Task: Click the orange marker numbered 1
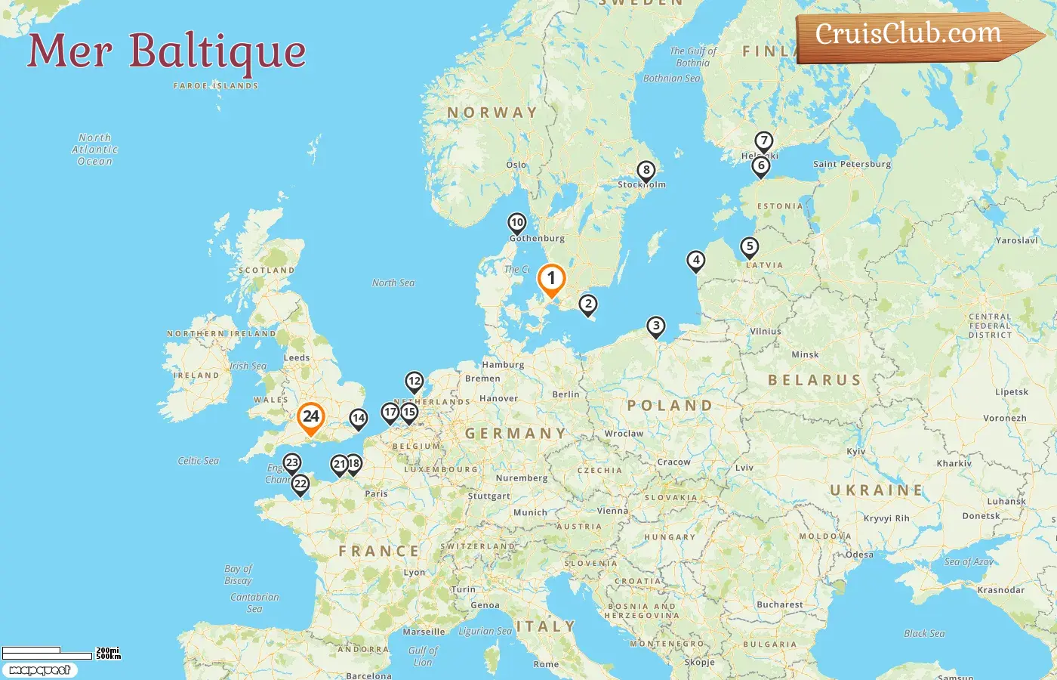551,279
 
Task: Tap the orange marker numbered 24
310,416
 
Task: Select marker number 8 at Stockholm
646,171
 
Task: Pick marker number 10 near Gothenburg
517,223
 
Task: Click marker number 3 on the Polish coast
656,326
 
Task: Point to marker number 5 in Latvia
749,246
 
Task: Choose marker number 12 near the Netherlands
414,382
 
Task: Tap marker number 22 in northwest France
300,484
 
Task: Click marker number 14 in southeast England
359,418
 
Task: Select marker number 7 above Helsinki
764,141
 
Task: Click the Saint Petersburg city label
852,164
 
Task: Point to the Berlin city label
565,394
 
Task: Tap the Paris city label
376,493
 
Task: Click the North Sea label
393,283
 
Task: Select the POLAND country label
670,406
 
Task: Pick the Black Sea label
924,633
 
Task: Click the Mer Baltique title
167,51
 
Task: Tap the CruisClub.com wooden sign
914,36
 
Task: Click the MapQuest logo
39,670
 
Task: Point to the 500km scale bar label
108,657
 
